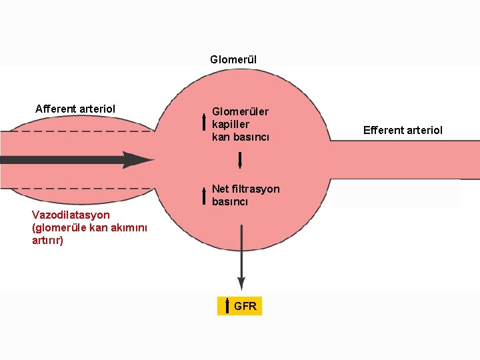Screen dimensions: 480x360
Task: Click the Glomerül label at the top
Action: click(x=233, y=60)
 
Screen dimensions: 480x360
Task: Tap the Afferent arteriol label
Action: click(x=75, y=109)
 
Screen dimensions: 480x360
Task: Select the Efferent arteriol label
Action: click(x=403, y=130)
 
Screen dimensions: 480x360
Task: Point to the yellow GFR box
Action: click(x=240, y=306)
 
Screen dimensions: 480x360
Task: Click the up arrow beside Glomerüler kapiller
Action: click(x=204, y=122)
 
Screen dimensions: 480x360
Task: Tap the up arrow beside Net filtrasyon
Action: click(x=204, y=195)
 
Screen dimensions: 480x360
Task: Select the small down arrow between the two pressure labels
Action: click(x=240, y=160)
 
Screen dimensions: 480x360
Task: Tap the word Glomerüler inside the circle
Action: click(x=240, y=111)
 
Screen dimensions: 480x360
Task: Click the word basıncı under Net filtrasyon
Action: click(x=230, y=201)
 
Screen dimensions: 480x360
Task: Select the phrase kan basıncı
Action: click(x=240, y=137)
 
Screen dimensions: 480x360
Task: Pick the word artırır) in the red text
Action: click(x=48, y=240)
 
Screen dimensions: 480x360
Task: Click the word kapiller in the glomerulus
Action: click(x=230, y=124)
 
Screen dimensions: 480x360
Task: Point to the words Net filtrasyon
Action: click(x=245, y=189)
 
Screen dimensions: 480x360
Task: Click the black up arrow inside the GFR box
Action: click(x=227, y=306)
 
